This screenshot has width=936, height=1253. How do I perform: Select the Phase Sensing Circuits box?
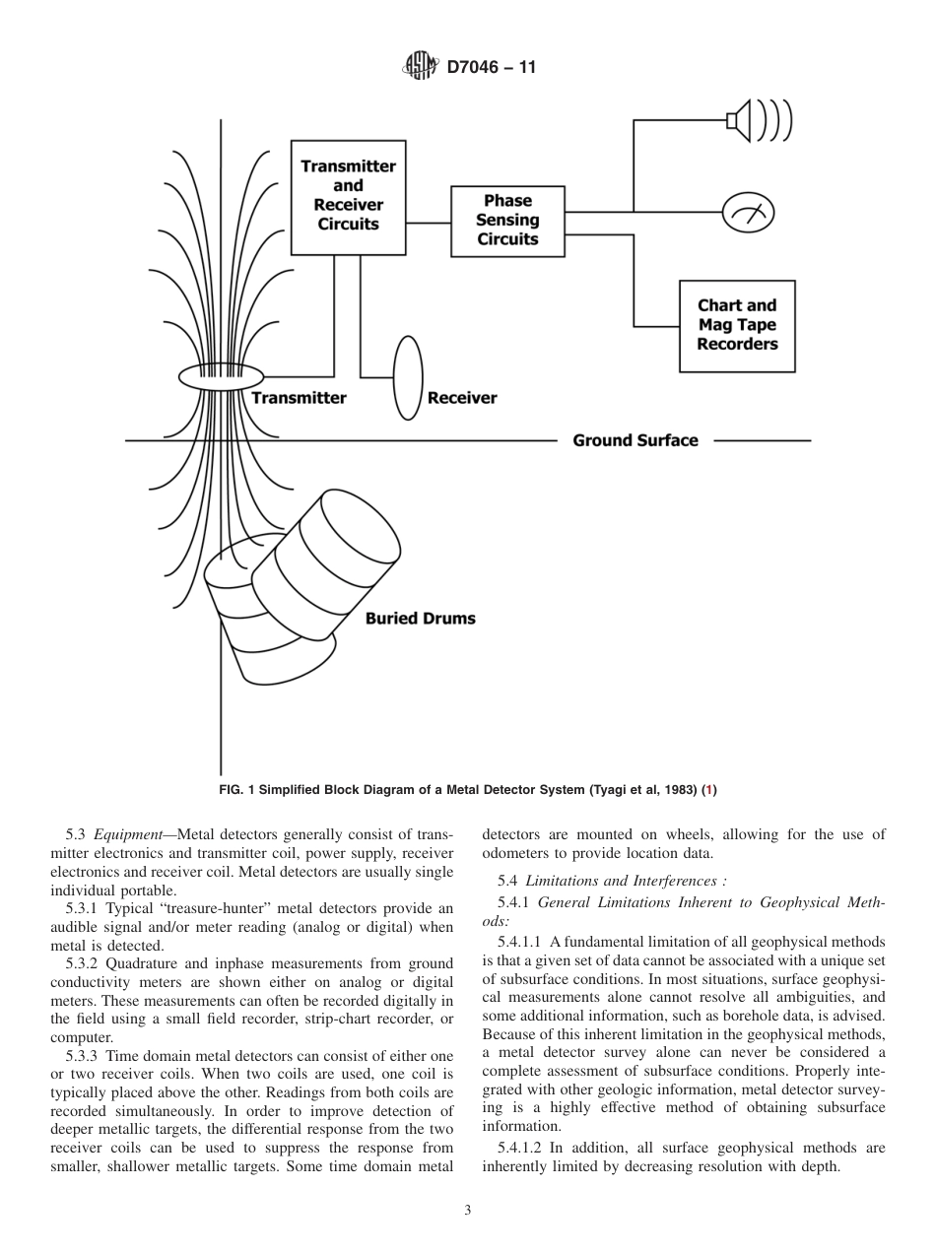[507, 221]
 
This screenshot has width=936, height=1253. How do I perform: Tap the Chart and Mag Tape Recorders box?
[737, 325]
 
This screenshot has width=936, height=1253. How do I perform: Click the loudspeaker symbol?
[759, 120]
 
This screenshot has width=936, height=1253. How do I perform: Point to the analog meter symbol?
[749, 212]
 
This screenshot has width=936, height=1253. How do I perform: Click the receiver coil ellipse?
[408, 378]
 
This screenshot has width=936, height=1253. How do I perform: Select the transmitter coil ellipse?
[222, 376]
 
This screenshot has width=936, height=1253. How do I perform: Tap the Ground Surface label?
[635, 440]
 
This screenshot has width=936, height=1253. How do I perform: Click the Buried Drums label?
[421, 619]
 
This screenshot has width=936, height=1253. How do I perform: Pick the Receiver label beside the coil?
[462, 398]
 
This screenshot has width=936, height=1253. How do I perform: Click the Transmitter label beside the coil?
[299, 398]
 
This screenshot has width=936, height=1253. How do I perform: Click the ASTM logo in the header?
[420, 68]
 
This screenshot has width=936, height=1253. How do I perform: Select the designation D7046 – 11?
[491, 68]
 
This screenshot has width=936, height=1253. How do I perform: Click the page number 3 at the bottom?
[468, 1211]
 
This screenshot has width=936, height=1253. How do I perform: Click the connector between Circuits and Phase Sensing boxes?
[428, 223]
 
